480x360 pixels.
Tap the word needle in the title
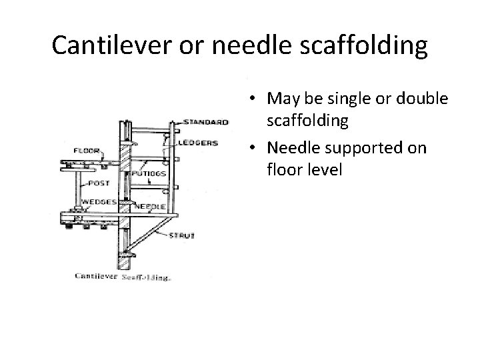tap(237, 45)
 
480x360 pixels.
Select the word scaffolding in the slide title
tap(355, 45)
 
